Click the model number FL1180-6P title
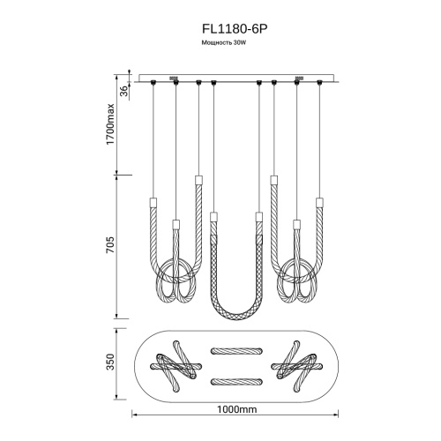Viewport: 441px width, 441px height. [235, 29]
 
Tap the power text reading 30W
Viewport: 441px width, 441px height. [240, 43]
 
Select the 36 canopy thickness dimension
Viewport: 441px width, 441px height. [125, 91]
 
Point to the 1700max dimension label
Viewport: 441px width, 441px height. [110, 123]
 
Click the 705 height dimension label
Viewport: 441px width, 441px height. [110, 244]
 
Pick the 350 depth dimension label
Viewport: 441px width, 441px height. [110, 362]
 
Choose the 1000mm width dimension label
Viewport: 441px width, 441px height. [236, 409]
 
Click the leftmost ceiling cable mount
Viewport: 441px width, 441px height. [153, 82]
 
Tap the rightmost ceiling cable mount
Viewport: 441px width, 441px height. [319, 82]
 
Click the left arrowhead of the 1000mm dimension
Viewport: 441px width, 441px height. [134, 415]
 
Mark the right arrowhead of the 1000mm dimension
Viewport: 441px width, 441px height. [336, 415]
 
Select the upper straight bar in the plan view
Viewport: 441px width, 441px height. [236, 350]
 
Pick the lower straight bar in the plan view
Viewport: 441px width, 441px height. [236, 382]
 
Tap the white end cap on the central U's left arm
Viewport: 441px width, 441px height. [213, 217]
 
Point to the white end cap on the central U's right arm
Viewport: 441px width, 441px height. [258, 217]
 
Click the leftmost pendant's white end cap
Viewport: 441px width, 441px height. [153, 203]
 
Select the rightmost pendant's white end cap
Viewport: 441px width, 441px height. [319, 203]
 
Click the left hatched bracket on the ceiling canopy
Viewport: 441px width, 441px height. [174, 78]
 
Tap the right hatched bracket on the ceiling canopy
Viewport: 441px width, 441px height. [299, 78]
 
